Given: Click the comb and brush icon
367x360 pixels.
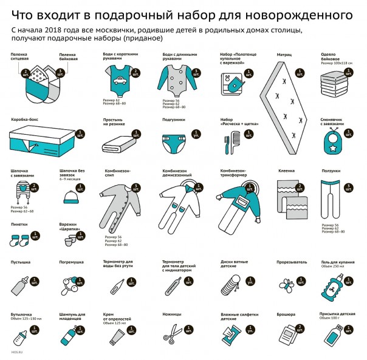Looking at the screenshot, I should coord(230,145).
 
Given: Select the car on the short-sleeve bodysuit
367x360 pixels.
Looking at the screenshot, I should coord(119,78).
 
